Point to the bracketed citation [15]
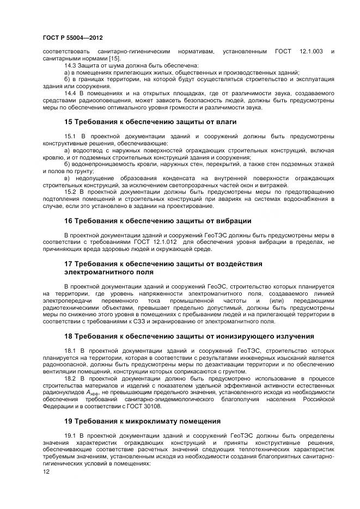pos(114,58)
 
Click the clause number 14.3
pos(71,65)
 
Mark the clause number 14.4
pos(71,93)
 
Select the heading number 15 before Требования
pos(69,122)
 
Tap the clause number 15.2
pos(71,192)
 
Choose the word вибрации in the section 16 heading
pos(233,221)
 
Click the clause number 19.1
pos(71,436)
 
